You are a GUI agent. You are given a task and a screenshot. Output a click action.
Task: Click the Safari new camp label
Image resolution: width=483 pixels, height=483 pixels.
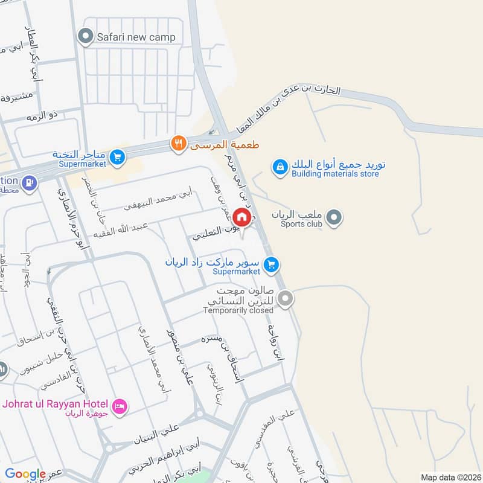pos(136,37)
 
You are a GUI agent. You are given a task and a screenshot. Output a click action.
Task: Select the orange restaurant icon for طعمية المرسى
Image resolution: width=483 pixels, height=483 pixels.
pos(178,143)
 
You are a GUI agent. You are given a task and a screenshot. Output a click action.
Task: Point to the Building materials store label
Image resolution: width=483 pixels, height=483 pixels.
pos(335,174)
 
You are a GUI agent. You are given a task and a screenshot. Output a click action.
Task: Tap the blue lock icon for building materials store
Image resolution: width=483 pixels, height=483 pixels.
pos(280,167)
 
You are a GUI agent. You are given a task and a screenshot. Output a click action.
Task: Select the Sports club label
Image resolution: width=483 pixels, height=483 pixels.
pos(301,224)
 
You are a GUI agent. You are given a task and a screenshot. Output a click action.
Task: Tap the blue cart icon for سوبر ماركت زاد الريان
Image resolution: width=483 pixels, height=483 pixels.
pos(271,264)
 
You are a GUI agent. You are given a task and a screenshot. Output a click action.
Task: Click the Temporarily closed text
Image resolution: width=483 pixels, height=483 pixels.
pos(238,310)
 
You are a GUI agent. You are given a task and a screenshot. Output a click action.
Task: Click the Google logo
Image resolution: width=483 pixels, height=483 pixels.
pos(25,474)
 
